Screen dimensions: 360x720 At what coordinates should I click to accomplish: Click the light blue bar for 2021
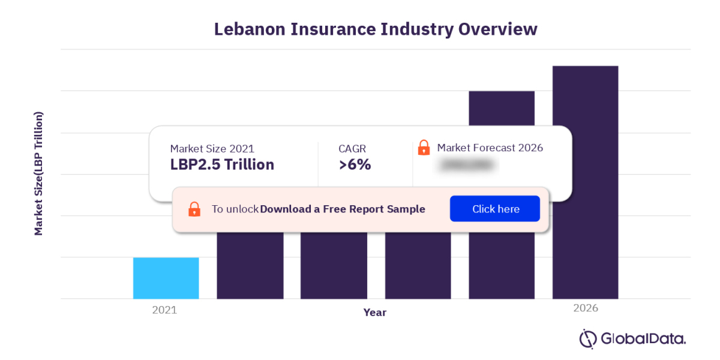click(x=166, y=278)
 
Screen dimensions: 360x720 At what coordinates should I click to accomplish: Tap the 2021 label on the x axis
click(x=164, y=310)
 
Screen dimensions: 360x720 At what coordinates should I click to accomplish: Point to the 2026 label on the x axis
click(x=585, y=308)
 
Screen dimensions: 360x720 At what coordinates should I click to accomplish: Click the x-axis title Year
click(x=375, y=313)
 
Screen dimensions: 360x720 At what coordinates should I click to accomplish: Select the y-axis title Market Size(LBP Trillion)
click(x=39, y=173)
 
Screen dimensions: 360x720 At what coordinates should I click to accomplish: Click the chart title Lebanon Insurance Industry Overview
click(x=376, y=29)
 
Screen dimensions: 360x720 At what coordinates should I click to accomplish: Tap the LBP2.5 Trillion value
click(x=222, y=164)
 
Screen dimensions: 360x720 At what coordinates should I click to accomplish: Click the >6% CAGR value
click(x=355, y=164)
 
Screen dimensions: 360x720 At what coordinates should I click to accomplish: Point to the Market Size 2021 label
click(x=212, y=148)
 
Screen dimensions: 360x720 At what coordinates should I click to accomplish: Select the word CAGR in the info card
click(x=352, y=148)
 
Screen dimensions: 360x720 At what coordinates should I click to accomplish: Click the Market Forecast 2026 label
click(x=490, y=148)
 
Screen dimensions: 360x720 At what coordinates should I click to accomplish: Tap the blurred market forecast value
click(x=466, y=165)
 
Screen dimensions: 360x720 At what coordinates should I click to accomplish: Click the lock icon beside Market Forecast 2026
click(x=424, y=147)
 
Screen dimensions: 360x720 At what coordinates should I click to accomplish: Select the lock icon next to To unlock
click(x=194, y=209)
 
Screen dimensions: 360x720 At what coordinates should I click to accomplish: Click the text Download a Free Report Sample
click(x=342, y=209)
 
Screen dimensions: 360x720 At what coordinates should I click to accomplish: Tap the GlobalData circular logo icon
click(x=588, y=338)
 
